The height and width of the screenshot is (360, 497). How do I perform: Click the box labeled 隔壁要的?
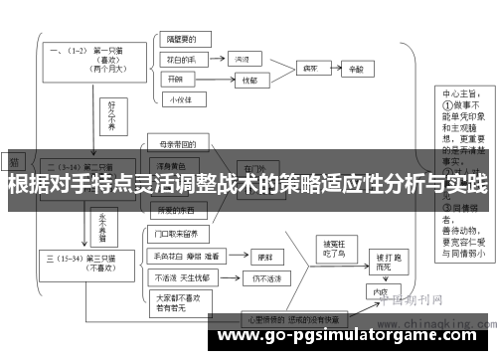coord(182,42)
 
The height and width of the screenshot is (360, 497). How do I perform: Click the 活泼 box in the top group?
coord(242,60)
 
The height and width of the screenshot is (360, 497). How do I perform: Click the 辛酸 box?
coord(356,70)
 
